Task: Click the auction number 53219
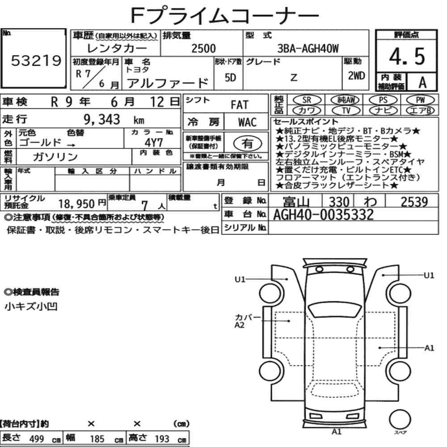(36, 60)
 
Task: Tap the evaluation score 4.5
(407, 56)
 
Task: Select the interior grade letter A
(422, 83)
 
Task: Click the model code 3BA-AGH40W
(308, 48)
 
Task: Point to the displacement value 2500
(203, 48)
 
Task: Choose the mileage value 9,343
(102, 119)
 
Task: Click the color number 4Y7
(154, 143)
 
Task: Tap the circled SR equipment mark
(307, 100)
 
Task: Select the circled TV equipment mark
(346, 110)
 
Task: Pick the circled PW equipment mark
(421, 100)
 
